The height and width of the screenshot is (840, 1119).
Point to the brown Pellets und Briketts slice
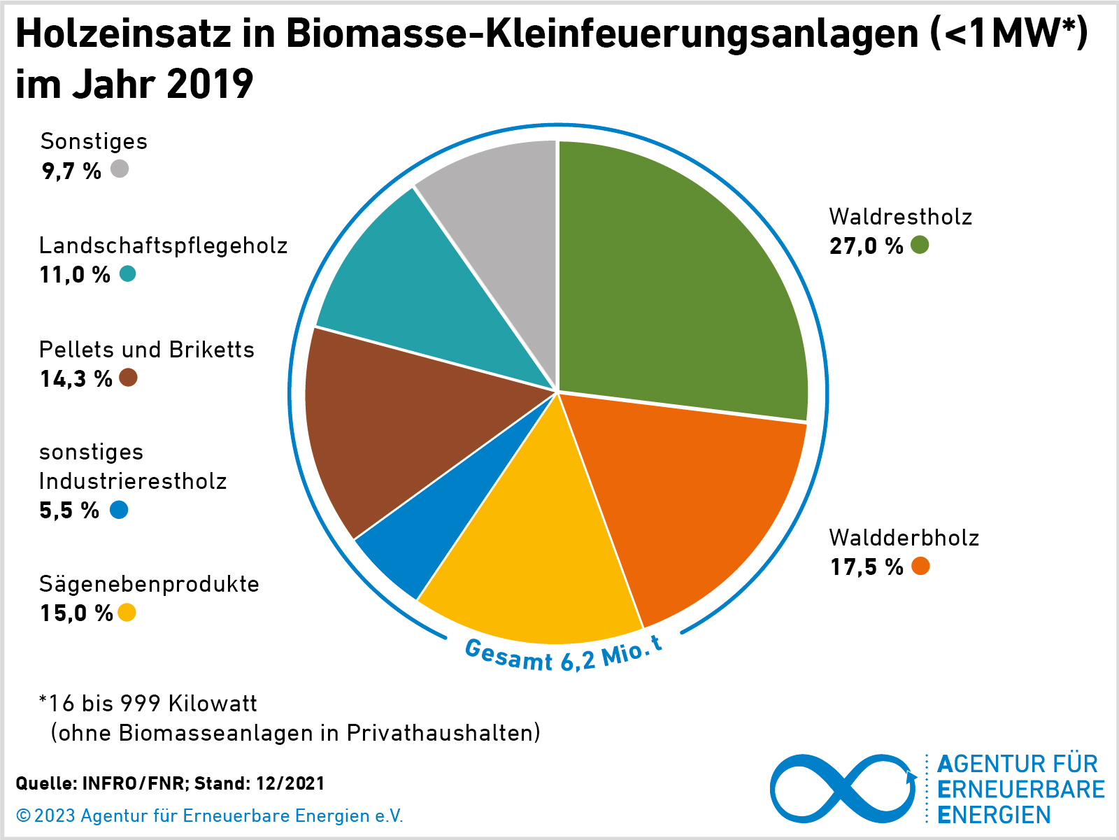(392, 427)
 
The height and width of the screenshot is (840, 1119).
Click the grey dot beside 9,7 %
(120, 169)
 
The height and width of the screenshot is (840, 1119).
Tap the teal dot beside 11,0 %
(127, 273)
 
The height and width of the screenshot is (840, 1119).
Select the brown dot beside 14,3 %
(128, 378)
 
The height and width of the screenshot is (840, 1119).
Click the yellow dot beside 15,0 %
(127, 613)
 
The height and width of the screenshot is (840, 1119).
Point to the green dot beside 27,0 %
(920, 245)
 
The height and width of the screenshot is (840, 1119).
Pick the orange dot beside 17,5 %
(920, 566)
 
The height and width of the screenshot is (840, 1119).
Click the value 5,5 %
(69, 511)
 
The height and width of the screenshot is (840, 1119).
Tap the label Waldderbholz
(904, 537)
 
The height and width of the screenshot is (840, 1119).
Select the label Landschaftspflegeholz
(163, 245)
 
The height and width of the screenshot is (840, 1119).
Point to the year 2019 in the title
(210, 84)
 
